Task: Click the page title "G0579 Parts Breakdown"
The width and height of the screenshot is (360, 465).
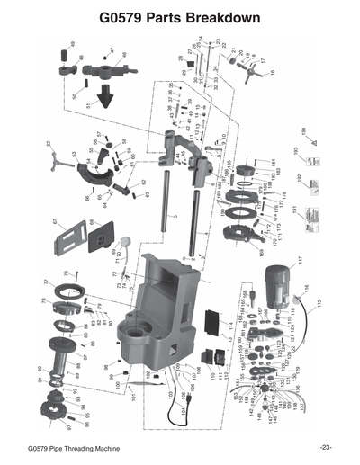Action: [x=180, y=17]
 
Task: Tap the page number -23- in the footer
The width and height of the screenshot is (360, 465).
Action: [x=325, y=447]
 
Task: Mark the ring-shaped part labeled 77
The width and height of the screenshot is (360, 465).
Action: [x=68, y=292]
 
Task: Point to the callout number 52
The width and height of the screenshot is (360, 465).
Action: [x=49, y=144]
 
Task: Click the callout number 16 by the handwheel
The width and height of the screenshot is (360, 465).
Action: [x=271, y=71]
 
